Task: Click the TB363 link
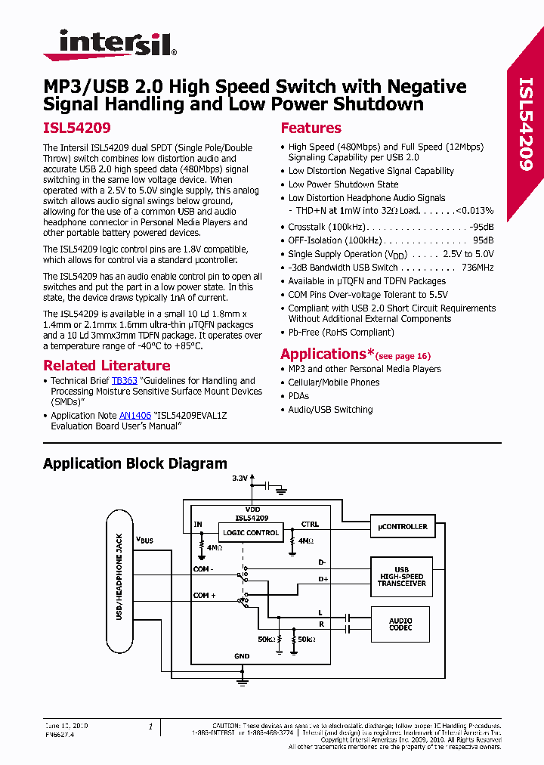coord(124,381)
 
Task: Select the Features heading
coord(311,128)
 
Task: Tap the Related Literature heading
coord(106,366)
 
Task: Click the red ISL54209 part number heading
coord(77,129)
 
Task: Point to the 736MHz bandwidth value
coord(478,268)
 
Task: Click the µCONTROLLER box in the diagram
coord(402,526)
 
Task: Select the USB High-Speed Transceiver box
coord(402,577)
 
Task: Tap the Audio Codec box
coord(402,624)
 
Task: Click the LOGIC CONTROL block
coord(251,532)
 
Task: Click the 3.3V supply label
coord(240,479)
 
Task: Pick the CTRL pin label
coord(310,524)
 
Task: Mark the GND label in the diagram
coord(242,657)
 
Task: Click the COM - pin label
coord(203,568)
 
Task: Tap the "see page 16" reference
coord(403,355)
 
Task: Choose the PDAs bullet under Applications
coord(298,396)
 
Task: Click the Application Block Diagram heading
coord(134,463)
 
